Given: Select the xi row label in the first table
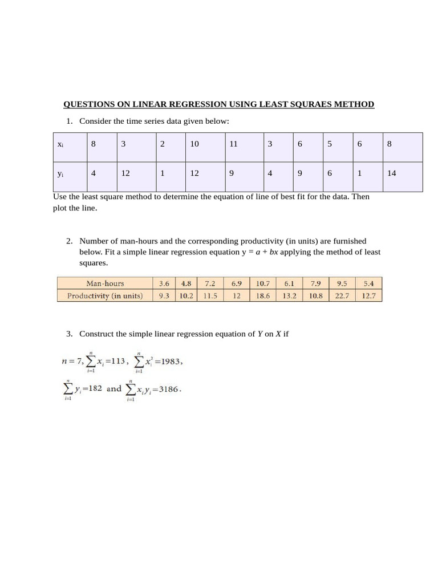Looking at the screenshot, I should point(60,145).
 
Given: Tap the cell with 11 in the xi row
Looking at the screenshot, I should point(233,144).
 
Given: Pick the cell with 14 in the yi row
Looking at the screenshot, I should point(391,174).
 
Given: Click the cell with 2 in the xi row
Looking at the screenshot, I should point(163,144).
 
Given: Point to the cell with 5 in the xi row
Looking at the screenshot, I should point(330,144).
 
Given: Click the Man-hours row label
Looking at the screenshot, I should point(105,283).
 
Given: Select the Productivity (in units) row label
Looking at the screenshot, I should point(105,295).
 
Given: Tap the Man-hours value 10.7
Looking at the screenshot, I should point(263,283).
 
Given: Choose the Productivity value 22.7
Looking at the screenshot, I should point(342,295).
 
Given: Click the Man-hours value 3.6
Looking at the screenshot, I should point(164,283).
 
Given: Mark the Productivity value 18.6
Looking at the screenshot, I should point(263,295).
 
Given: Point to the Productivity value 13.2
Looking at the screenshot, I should point(290,295).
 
